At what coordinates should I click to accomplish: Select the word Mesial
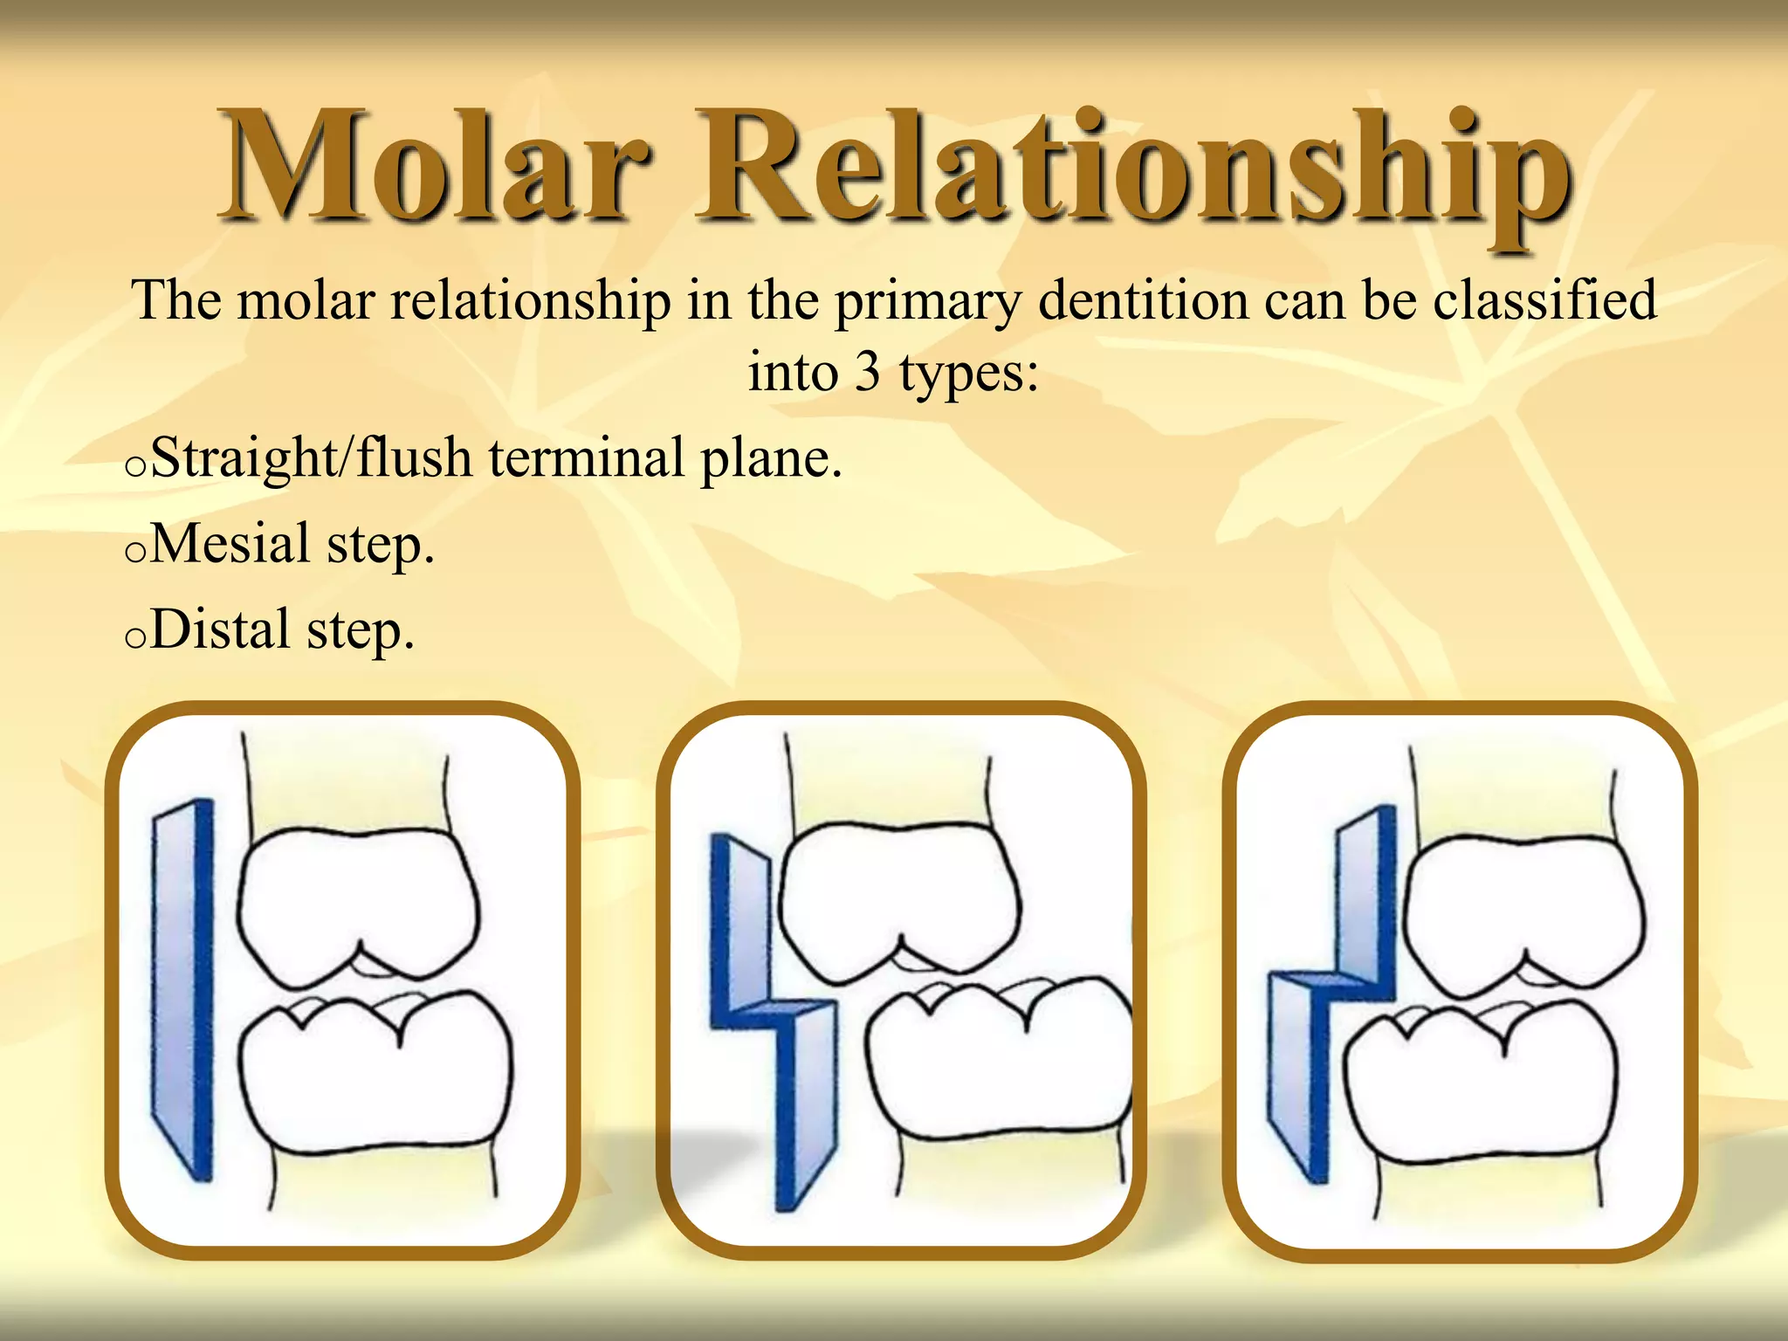[230, 543]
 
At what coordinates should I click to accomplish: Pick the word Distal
[220, 629]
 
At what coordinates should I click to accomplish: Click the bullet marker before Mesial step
[134, 553]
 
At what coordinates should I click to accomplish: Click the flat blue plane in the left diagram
[182, 987]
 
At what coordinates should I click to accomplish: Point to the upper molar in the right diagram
[1523, 912]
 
